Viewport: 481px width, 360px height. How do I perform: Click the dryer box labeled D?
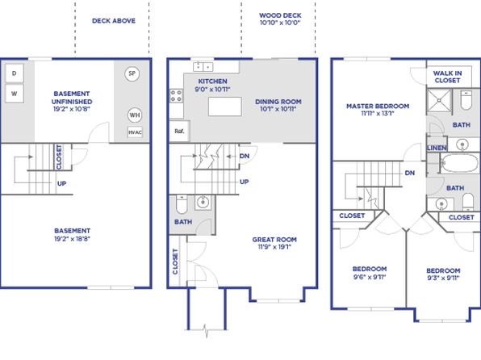14,73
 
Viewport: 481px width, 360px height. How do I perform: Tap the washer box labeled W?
14,94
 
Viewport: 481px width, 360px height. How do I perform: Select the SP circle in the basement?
132,73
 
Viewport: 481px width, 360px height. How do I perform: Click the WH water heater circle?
134,115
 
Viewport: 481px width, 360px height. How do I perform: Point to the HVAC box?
135,132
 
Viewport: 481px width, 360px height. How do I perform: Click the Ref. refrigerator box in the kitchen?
179,131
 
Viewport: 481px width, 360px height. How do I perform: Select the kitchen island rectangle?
225,107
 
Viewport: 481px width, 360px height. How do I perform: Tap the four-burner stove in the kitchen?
177,95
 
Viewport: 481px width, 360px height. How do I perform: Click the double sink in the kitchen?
203,66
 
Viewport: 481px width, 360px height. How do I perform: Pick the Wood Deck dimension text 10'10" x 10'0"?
280,23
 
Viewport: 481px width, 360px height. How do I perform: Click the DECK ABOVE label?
114,20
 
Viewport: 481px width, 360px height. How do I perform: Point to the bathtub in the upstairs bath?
459,163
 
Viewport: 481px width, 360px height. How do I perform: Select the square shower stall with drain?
439,100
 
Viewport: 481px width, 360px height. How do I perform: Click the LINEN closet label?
437,148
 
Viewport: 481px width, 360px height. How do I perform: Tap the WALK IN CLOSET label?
447,77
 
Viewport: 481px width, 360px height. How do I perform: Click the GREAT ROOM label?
274,240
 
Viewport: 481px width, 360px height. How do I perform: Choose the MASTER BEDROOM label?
378,107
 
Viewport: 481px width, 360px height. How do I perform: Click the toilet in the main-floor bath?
182,204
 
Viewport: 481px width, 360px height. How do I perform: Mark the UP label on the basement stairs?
61,183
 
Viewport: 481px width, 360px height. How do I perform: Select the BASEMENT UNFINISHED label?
72,98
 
